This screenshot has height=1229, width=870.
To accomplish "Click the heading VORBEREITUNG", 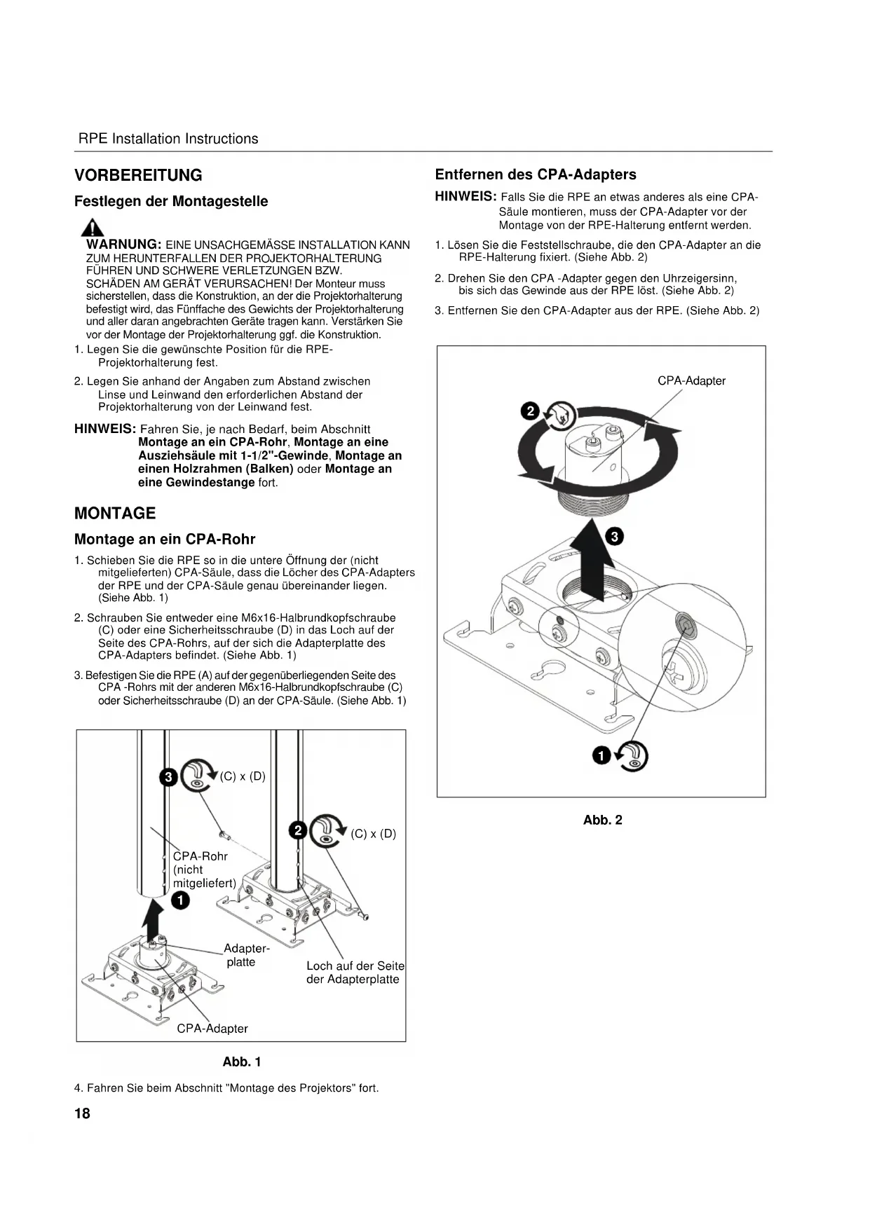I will (138, 175).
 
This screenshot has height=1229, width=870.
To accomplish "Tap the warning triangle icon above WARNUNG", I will (93, 227).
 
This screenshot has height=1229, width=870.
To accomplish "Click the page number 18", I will (82, 1113).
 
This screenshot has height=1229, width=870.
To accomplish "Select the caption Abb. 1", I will (242, 1062).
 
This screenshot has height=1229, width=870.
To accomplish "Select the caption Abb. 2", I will (602, 820).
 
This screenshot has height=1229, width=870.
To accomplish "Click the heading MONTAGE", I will (115, 513).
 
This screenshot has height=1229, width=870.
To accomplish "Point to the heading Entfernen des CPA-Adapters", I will (536, 174).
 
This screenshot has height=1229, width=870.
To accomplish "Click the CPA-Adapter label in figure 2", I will (691, 380).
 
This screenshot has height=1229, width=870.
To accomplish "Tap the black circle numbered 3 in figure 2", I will (614, 537).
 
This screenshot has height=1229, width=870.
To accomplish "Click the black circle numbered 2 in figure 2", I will (531, 411).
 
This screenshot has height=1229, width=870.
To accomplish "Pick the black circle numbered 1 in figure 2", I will (601, 755).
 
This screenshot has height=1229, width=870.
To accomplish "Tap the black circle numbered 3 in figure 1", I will (168, 777).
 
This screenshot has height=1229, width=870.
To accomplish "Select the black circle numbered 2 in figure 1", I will (298, 830).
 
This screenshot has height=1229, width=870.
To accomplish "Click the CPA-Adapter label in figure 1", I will (212, 1029).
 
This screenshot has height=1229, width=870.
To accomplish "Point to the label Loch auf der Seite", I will (355, 966).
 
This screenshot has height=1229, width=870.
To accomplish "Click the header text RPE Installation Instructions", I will (168, 139).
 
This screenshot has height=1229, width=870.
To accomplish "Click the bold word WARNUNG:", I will (124, 245).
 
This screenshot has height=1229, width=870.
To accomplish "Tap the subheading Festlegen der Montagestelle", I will (171, 201).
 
